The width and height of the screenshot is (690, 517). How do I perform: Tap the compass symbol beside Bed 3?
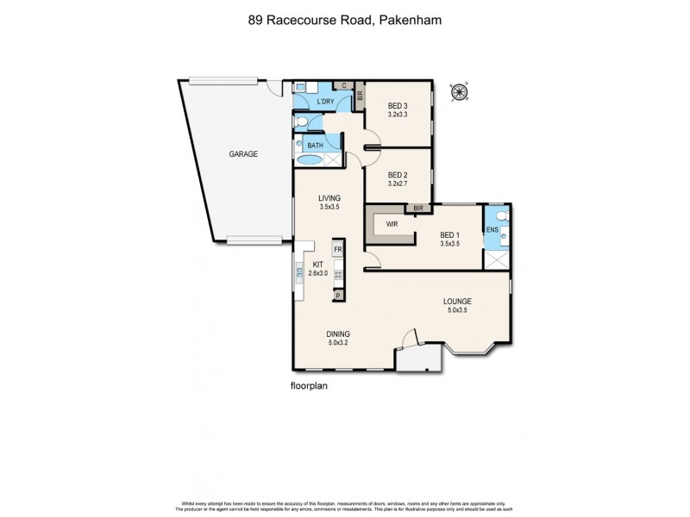click(x=459, y=91)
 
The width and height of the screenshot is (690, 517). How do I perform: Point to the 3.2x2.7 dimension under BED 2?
click(x=397, y=184)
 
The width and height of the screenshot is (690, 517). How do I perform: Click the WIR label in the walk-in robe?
click(x=392, y=224)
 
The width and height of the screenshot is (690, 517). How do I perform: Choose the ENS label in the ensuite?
click(x=492, y=231)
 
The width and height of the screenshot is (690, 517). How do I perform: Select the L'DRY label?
click(x=325, y=103)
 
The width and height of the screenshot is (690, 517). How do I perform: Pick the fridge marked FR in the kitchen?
click(x=338, y=250)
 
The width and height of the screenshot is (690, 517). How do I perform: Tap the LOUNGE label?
click(x=457, y=301)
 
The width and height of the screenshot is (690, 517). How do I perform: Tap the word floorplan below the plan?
click(x=310, y=386)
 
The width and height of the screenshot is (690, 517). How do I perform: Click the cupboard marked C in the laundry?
click(x=343, y=86)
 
